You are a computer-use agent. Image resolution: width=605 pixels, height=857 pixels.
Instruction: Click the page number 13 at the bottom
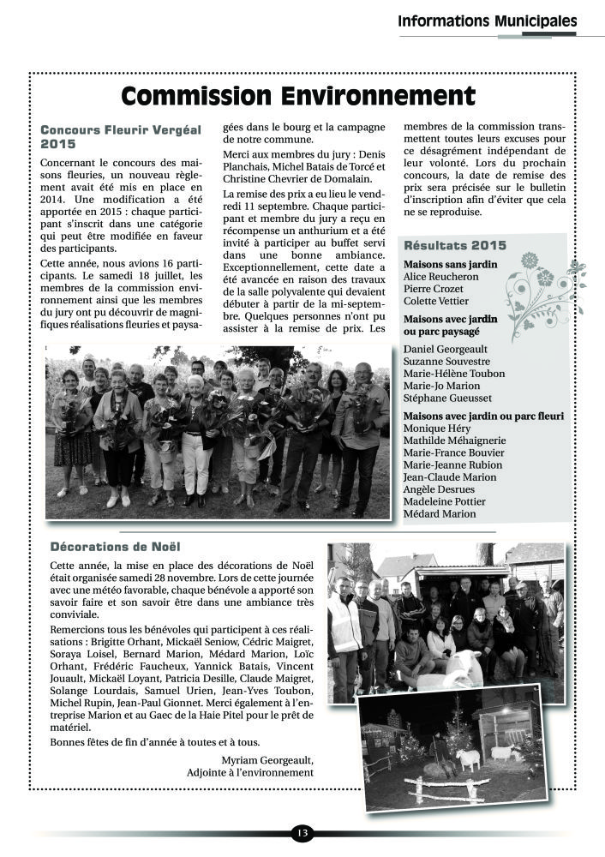(302, 833)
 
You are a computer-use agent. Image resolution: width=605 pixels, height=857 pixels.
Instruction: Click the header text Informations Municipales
(487, 21)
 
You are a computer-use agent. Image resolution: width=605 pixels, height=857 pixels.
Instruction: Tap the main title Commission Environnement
(297, 95)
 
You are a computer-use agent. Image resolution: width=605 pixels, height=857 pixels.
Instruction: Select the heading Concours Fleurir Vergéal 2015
(120, 137)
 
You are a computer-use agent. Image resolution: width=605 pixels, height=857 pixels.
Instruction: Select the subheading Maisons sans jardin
(450, 265)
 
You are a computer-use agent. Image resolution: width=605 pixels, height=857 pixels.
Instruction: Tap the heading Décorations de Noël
(116, 546)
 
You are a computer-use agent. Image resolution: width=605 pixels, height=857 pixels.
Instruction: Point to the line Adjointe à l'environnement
(249, 772)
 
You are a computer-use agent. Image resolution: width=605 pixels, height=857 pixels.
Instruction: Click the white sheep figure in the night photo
(467, 758)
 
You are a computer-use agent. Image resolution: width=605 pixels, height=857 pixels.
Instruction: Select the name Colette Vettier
(436, 302)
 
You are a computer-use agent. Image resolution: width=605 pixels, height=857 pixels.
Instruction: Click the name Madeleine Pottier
(444, 501)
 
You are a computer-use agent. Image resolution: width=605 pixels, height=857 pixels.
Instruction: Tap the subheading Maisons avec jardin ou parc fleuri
(483, 415)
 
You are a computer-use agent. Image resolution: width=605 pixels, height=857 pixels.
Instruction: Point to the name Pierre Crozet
(434, 290)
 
